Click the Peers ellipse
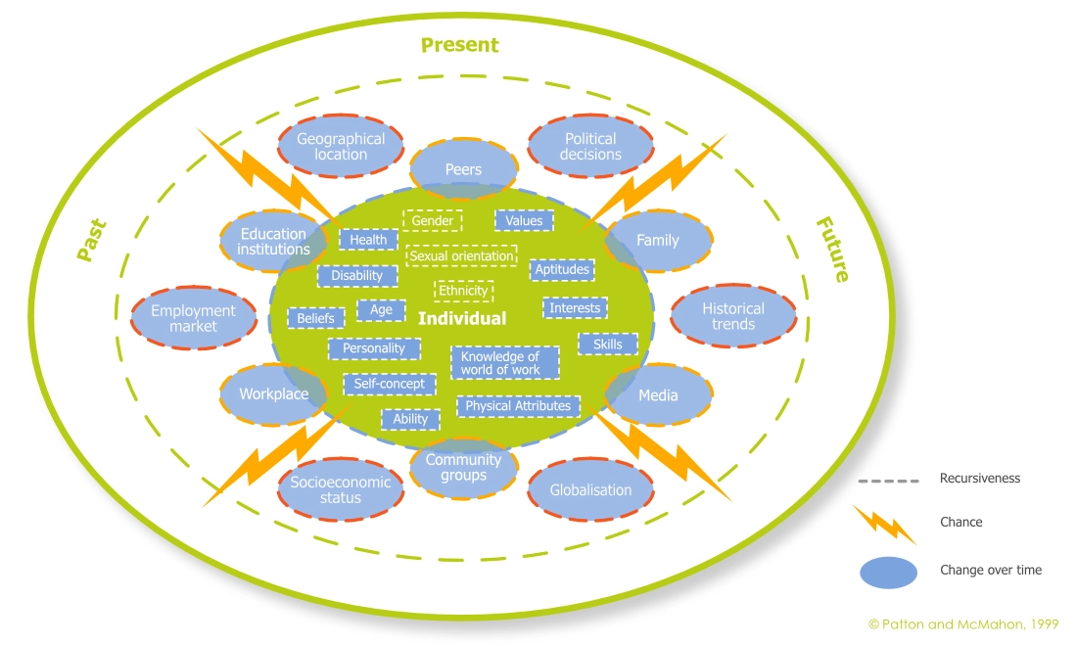[x=463, y=168]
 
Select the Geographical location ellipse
[x=341, y=147]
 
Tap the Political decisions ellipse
[x=590, y=147]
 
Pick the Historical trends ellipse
[x=733, y=316]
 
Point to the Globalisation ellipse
[x=590, y=489]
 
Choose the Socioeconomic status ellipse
[x=340, y=489]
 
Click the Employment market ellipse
[x=193, y=317]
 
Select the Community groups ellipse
[x=463, y=467]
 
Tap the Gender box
[x=432, y=221]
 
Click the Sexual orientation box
[x=461, y=256]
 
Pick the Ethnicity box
[x=463, y=291]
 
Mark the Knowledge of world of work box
[x=504, y=363]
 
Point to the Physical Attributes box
[x=518, y=405]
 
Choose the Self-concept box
[x=389, y=384]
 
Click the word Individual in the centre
[x=462, y=319]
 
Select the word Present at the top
[x=459, y=45]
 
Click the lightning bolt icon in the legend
[x=884, y=524]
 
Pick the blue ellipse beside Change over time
[x=888, y=571]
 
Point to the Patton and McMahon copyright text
[x=962, y=623]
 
